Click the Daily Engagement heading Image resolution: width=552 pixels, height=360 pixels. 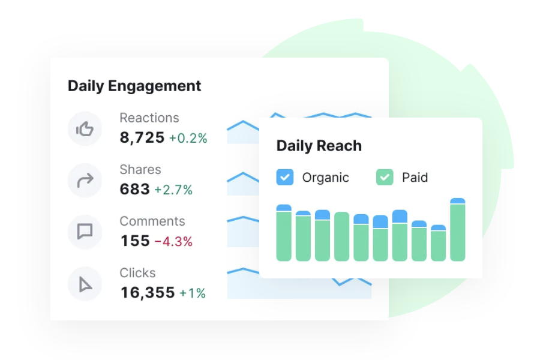pyautogui.click(x=134, y=86)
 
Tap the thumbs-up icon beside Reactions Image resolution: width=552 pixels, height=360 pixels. pyautogui.click(x=85, y=128)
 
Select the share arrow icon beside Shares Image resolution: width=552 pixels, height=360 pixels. pyautogui.click(x=85, y=180)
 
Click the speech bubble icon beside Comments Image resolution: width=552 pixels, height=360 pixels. pyautogui.click(x=85, y=232)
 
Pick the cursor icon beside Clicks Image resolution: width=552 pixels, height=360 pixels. pyautogui.click(x=85, y=283)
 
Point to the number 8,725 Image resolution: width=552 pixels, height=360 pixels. pyautogui.click(x=142, y=138)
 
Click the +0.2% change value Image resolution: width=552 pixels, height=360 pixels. pyautogui.click(x=188, y=139)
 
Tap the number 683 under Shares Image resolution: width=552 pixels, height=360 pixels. pyautogui.click(x=134, y=190)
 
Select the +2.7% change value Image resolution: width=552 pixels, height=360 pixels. pyautogui.click(x=173, y=190)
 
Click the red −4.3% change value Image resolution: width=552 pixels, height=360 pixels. pyautogui.click(x=173, y=242)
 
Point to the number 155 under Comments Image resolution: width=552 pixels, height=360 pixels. pyautogui.click(x=134, y=241)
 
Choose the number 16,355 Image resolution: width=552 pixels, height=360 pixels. pyautogui.click(x=147, y=293)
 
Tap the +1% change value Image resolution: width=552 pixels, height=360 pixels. pyautogui.click(x=193, y=293)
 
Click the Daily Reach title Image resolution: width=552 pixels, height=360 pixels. pyautogui.click(x=319, y=146)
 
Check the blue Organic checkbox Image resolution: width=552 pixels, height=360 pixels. pyautogui.click(x=284, y=177)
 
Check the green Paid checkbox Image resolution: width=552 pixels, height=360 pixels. pyautogui.click(x=385, y=177)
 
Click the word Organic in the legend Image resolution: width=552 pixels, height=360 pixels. pyautogui.click(x=325, y=178)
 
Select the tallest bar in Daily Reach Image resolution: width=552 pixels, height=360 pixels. pyautogui.click(x=457, y=231)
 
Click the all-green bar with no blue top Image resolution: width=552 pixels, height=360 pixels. pyautogui.click(x=341, y=236)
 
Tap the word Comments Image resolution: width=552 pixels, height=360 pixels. pyautogui.click(x=152, y=221)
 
